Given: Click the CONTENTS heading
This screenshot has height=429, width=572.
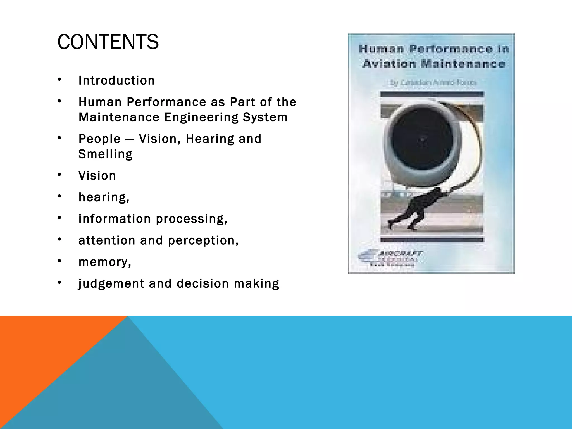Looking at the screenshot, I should pyautogui.click(x=108, y=42).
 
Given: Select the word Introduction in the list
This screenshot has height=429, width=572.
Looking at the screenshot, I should pyautogui.click(x=116, y=80).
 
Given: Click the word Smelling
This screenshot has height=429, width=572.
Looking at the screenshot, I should pyautogui.click(x=105, y=154).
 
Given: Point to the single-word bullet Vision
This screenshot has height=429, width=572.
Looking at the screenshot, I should pyautogui.click(x=97, y=176).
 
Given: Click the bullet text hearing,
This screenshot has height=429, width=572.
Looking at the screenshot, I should pyautogui.click(x=104, y=197).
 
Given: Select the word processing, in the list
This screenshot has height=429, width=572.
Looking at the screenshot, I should pyautogui.click(x=192, y=219).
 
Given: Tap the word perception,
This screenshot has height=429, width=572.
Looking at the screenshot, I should pyautogui.click(x=203, y=240).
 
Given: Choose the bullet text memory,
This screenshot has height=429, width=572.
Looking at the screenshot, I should pyautogui.click(x=105, y=262).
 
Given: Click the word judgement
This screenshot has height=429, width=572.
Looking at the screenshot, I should pyautogui.click(x=111, y=283).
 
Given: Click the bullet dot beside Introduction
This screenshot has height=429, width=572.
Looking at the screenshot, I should pyautogui.click(x=59, y=80).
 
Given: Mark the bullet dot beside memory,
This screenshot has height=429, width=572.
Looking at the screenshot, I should pyautogui.click(x=59, y=261).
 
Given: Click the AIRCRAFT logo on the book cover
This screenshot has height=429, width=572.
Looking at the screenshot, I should pyautogui.click(x=391, y=258).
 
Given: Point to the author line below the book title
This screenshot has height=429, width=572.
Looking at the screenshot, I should pyautogui.click(x=433, y=82).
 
